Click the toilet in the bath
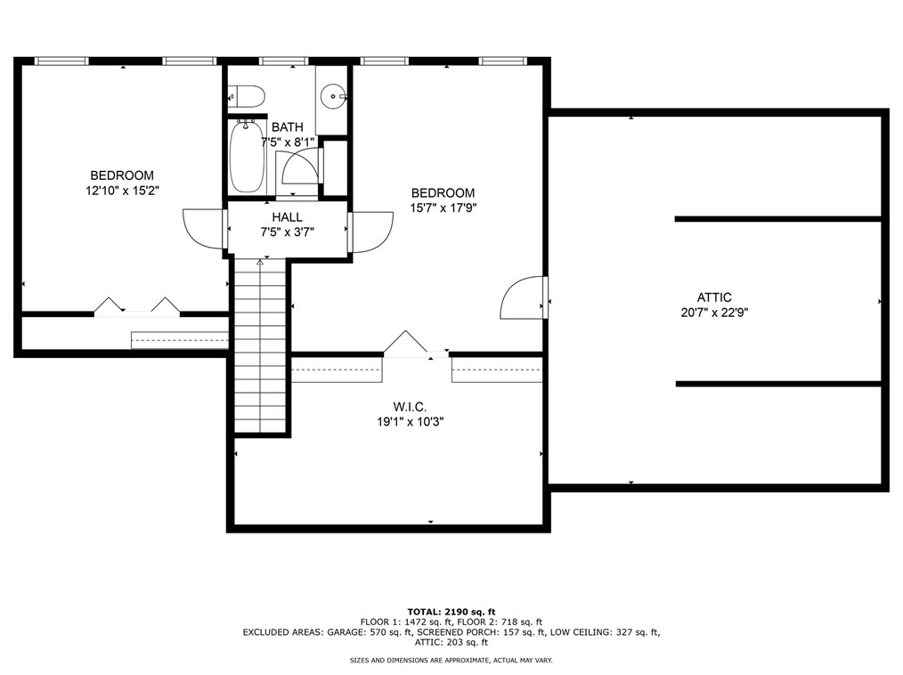click(x=247, y=95)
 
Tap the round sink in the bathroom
click(x=333, y=95)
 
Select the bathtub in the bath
click(x=248, y=156)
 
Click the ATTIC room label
click(x=714, y=297)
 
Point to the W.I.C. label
click(x=410, y=407)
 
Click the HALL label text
click(x=288, y=217)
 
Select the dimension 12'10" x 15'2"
click(x=122, y=191)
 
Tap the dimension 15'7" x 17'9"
click(x=443, y=207)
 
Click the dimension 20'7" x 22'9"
click(x=714, y=313)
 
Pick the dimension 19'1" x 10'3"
click(x=410, y=422)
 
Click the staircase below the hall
click(x=260, y=346)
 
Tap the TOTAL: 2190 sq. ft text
click(x=451, y=612)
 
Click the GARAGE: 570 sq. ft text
click(x=370, y=632)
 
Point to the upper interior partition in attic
click(x=778, y=219)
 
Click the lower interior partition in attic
click(x=778, y=384)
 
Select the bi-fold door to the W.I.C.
click(x=406, y=343)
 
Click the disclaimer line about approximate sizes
click(x=451, y=661)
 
